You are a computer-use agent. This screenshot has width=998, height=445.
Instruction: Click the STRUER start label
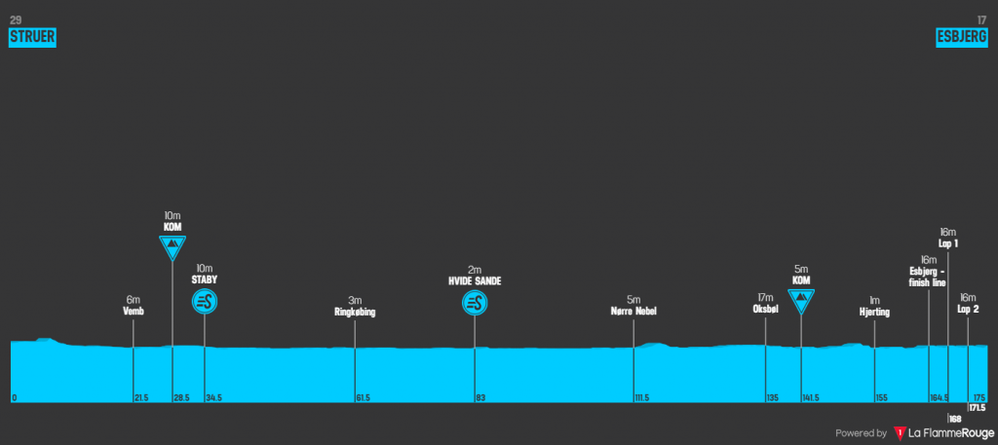(32, 37)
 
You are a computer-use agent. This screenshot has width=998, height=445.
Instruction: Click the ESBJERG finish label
(962, 37)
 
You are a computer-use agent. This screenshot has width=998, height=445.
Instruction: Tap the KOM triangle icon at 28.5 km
(173, 246)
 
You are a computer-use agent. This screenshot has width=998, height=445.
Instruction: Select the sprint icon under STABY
(205, 302)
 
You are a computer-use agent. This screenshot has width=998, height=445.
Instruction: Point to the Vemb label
(134, 313)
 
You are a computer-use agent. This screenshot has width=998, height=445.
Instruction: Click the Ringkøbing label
(355, 313)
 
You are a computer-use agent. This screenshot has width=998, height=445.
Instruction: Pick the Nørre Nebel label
(633, 313)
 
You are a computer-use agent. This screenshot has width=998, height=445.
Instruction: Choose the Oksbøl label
(765, 310)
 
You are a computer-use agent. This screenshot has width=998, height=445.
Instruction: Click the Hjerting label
(875, 313)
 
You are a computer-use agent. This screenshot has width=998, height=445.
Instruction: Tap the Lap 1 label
(948, 243)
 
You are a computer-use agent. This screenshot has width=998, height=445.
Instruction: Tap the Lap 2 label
(968, 310)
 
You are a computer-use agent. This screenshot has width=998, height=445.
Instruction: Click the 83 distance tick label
(480, 398)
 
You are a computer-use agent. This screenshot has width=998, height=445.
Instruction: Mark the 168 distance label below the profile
(955, 419)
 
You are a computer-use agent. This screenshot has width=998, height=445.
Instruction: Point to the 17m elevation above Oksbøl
(765, 298)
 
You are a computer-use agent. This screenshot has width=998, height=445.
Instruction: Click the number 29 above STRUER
(15, 19)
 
